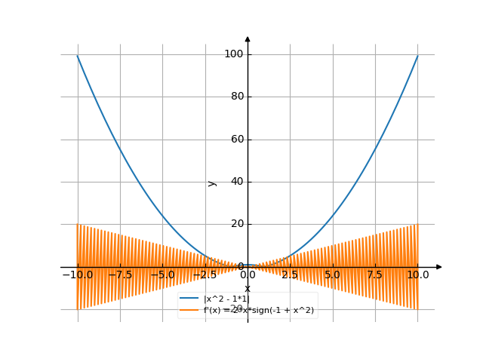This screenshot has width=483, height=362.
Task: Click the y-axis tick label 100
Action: click(x=232, y=54)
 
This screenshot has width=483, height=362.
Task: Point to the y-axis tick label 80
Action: click(x=235, y=97)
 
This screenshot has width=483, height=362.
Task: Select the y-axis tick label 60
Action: click(x=235, y=139)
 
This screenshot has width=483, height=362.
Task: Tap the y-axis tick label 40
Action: click(x=235, y=181)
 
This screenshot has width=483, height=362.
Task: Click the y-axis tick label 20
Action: click(x=235, y=223)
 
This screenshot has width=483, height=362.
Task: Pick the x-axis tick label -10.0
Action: click(x=77, y=275)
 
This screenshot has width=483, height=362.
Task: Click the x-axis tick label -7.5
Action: click(x=119, y=275)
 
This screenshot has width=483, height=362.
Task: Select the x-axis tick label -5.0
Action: click(x=162, y=275)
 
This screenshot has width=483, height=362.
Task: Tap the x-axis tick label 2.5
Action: click(x=290, y=275)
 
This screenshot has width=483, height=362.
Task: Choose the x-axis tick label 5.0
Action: click(x=333, y=275)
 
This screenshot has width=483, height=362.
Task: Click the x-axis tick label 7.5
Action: click(x=375, y=275)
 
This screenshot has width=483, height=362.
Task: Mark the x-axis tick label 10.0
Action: click(x=418, y=275)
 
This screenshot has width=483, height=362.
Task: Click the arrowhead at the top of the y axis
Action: click(x=248, y=39)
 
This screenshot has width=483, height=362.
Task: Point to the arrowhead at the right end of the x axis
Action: click(x=438, y=266)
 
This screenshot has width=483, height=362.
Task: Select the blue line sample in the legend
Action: click(x=189, y=299)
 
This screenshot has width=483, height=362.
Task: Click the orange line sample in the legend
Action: click(x=189, y=310)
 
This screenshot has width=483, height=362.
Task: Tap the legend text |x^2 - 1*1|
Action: click(x=226, y=299)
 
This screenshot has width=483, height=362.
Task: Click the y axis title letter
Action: click(x=212, y=183)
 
